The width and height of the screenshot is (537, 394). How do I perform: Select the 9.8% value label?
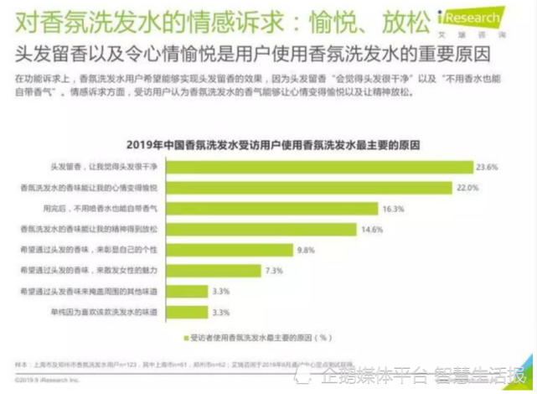[x=307, y=248]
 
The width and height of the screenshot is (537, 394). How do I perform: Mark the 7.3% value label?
[x=273, y=270]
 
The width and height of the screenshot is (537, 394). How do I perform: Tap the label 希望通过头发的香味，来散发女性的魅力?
[x=98, y=270]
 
